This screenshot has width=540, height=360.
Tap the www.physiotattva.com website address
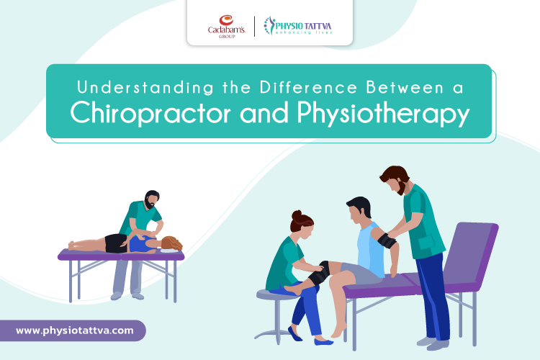coord(74,330)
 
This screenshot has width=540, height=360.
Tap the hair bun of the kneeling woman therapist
coord(296,215)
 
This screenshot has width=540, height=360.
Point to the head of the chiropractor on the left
coord(152,200)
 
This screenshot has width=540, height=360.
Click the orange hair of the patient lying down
coord(171,243)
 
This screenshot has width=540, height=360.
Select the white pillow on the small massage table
coord(171,251)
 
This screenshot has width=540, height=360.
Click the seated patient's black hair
coord(359,204)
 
